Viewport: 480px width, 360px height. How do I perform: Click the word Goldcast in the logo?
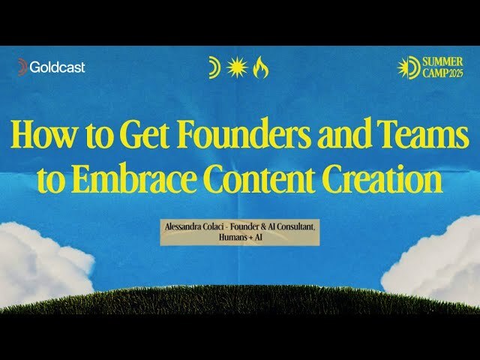(58, 67)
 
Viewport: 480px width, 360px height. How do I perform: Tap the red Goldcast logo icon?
(22, 67)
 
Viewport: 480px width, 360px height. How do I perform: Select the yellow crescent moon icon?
(215, 68)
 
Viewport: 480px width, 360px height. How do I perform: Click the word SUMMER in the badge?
(443, 61)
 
